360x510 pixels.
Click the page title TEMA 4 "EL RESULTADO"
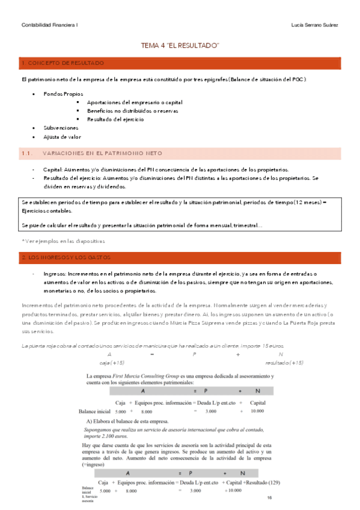(x=180, y=46)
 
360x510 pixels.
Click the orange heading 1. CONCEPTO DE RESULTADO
(x=63, y=63)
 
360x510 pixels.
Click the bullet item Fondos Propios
(x=63, y=94)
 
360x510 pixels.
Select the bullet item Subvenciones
(x=61, y=128)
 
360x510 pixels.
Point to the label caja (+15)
(x=112, y=363)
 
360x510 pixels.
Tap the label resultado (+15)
(x=284, y=363)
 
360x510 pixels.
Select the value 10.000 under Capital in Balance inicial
(x=258, y=411)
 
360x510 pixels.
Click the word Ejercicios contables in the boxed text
(x=46, y=211)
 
